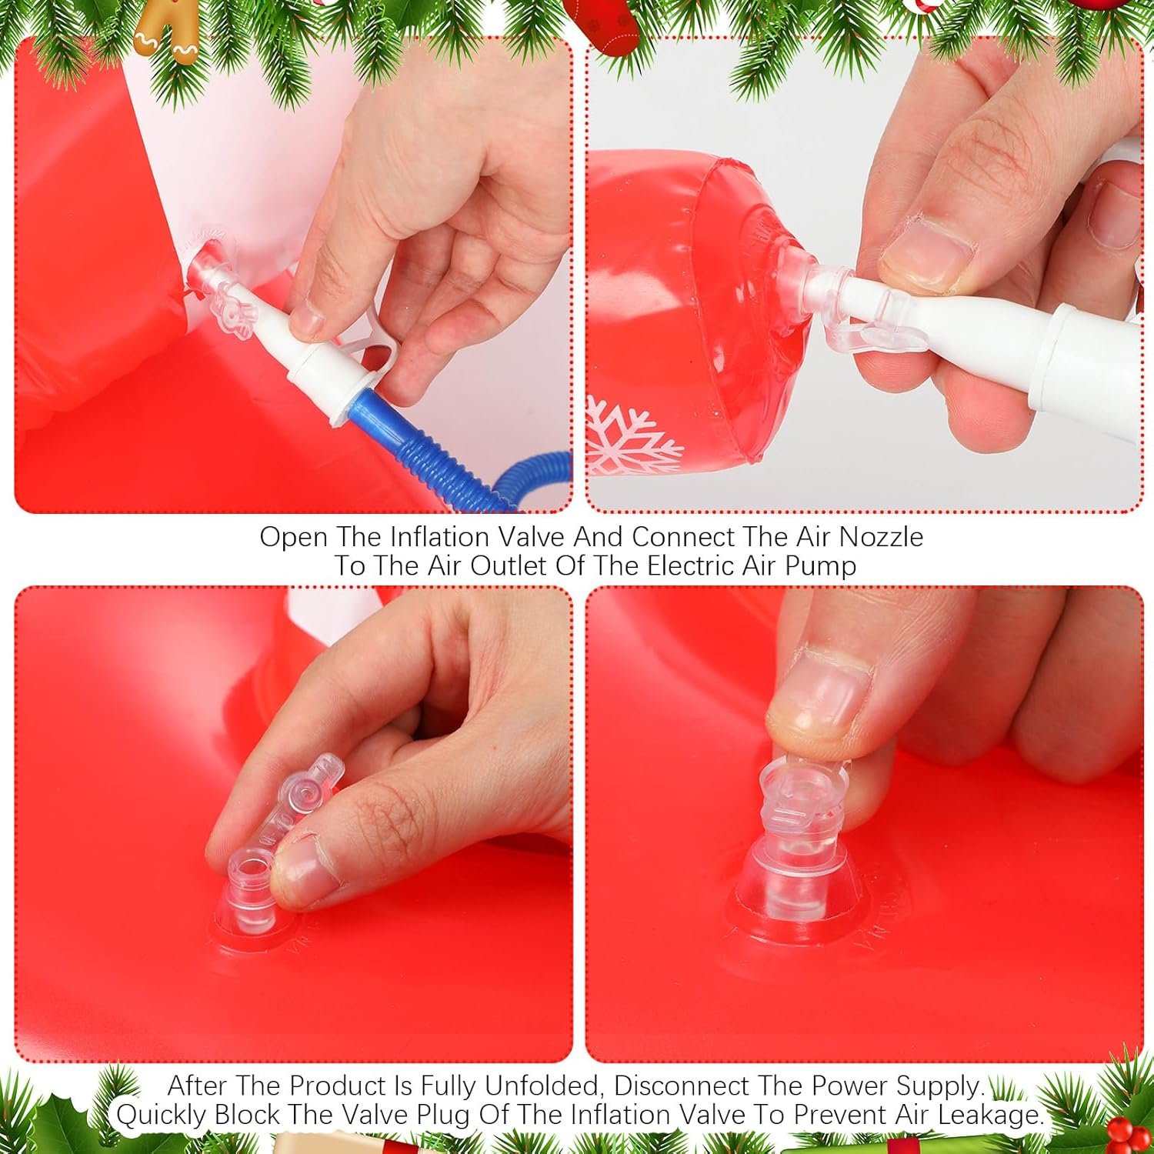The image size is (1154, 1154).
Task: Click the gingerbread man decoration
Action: point(166,31)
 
